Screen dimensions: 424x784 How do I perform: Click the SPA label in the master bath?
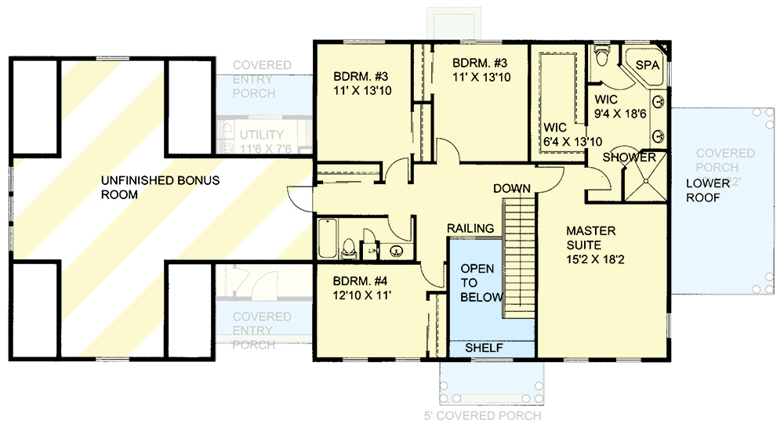647,65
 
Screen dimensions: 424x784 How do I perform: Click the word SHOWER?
629,158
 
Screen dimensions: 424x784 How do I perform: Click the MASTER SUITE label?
592,239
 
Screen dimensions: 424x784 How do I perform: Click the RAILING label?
470,228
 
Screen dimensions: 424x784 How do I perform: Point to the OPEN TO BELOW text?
477,283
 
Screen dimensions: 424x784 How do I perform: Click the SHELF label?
485,347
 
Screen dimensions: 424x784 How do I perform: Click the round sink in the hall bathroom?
397,252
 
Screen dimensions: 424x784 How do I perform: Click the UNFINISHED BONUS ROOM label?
160,187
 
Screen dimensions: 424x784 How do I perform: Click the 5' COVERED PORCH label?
492,415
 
